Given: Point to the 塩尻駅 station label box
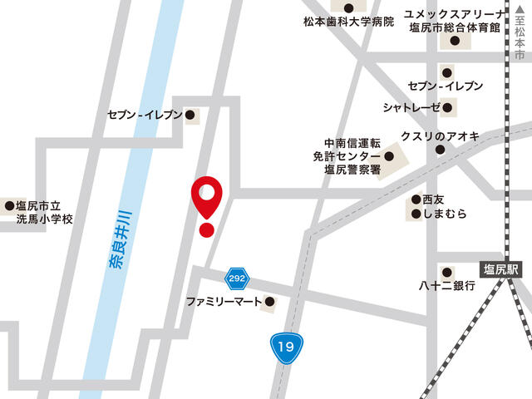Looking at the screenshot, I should click(x=502, y=268).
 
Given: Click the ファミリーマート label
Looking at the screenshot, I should click(x=224, y=301).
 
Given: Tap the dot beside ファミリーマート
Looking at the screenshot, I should click(x=268, y=301).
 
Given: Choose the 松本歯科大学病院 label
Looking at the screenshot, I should click(x=348, y=22).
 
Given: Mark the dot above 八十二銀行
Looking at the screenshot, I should click(x=446, y=271).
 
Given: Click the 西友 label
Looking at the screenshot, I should click(x=435, y=200).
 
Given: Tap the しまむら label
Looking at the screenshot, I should click(x=444, y=214).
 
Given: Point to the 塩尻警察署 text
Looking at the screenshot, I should click(x=352, y=170).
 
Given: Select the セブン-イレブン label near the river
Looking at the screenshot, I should click(x=144, y=115).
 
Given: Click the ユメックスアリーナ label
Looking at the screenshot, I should click(x=454, y=13).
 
